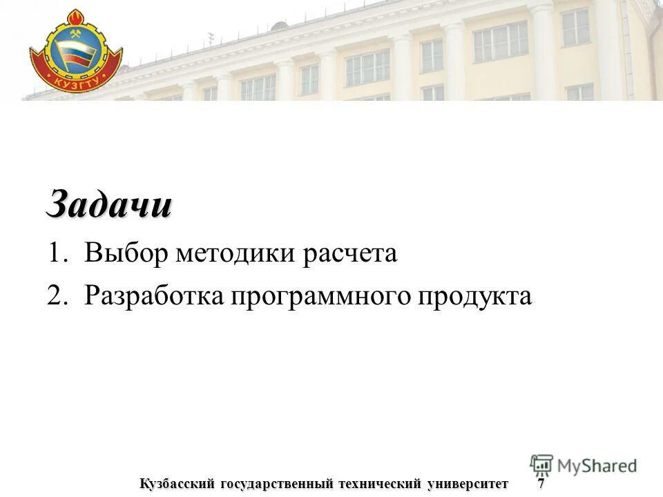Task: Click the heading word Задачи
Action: coord(109,205)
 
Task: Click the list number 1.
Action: coord(56,254)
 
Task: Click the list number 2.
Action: coord(56,296)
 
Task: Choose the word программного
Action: coord(322,298)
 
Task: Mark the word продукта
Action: coord(476,298)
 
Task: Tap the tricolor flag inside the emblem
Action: coord(76,55)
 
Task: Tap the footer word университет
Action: coord(468,483)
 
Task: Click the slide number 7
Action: coord(541,483)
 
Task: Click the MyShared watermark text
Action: coord(597,466)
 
